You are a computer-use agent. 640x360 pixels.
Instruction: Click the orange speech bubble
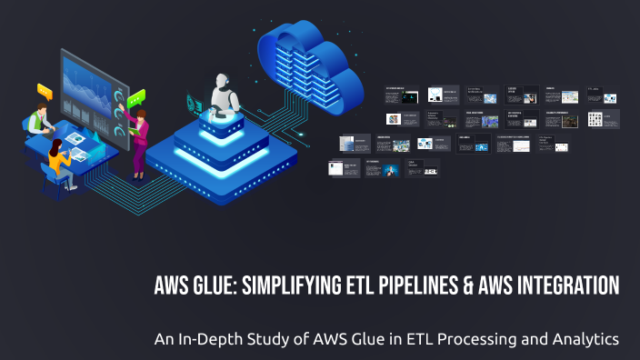pos(45,90)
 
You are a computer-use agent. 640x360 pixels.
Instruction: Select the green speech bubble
pos(136,97)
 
